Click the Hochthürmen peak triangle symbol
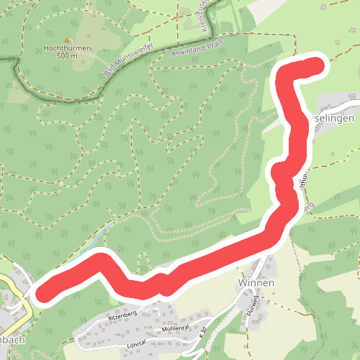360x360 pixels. tap(67, 40)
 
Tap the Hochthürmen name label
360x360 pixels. tap(67, 49)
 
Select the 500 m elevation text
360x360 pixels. tap(67, 56)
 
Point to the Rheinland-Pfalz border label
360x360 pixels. tap(198, 48)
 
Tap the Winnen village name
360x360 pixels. tap(256, 283)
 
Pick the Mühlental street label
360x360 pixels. tap(175, 328)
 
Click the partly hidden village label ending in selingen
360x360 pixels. tap(332, 116)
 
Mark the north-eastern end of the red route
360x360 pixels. tap(316, 68)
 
